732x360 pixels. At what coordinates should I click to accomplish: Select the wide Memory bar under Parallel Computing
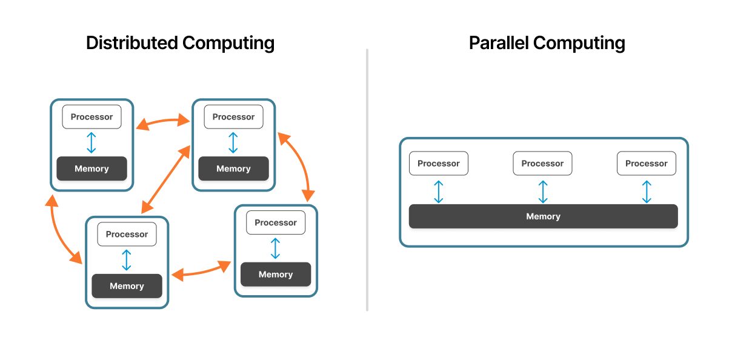click(543, 216)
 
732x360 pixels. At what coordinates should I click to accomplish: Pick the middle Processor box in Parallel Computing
click(542, 164)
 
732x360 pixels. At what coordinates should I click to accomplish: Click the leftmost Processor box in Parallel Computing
click(439, 164)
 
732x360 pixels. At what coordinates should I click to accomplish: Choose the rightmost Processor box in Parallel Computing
click(646, 164)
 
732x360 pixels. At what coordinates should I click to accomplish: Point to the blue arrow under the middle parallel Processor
click(543, 191)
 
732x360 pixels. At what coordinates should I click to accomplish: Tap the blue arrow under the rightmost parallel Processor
click(647, 191)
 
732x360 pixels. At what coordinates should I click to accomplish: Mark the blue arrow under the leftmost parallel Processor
click(439, 191)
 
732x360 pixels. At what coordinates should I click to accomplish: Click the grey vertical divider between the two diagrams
click(367, 182)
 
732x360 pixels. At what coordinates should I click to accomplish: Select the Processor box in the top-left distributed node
click(91, 117)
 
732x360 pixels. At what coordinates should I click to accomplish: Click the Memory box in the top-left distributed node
click(91, 168)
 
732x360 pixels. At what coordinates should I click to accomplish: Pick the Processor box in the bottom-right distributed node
click(276, 222)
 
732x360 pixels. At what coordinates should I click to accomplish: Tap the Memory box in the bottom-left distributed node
click(127, 286)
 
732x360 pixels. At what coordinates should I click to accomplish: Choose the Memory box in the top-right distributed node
click(233, 168)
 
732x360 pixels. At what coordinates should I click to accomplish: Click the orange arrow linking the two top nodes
click(162, 122)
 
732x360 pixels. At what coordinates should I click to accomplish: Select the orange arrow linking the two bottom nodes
click(201, 270)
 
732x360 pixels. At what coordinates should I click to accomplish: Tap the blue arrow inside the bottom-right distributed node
click(276, 248)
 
